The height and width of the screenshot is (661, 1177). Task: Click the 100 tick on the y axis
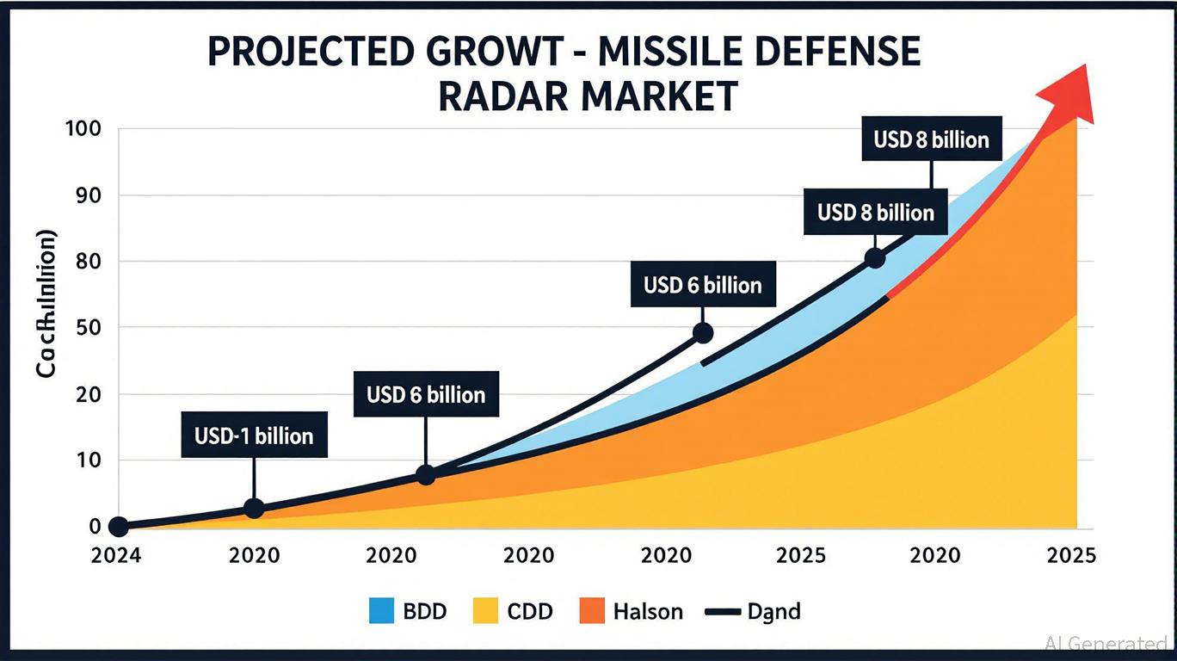click(x=83, y=129)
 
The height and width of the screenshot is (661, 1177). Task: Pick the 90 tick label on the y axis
click(x=88, y=195)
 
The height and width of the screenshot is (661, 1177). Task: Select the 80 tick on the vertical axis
click(x=88, y=261)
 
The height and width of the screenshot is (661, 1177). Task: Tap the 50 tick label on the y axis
click(x=88, y=328)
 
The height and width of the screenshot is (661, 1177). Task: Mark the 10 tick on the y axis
click(x=88, y=460)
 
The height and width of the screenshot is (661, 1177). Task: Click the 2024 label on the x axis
click(x=117, y=555)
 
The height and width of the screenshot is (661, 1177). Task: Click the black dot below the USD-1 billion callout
click(x=253, y=508)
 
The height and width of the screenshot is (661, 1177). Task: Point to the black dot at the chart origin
click(x=119, y=527)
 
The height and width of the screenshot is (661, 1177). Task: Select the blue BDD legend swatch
click(x=380, y=612)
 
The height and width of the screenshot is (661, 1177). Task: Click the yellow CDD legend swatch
click(x=486, y=612)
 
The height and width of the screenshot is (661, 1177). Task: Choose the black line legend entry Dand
click(x=753, y=612)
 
